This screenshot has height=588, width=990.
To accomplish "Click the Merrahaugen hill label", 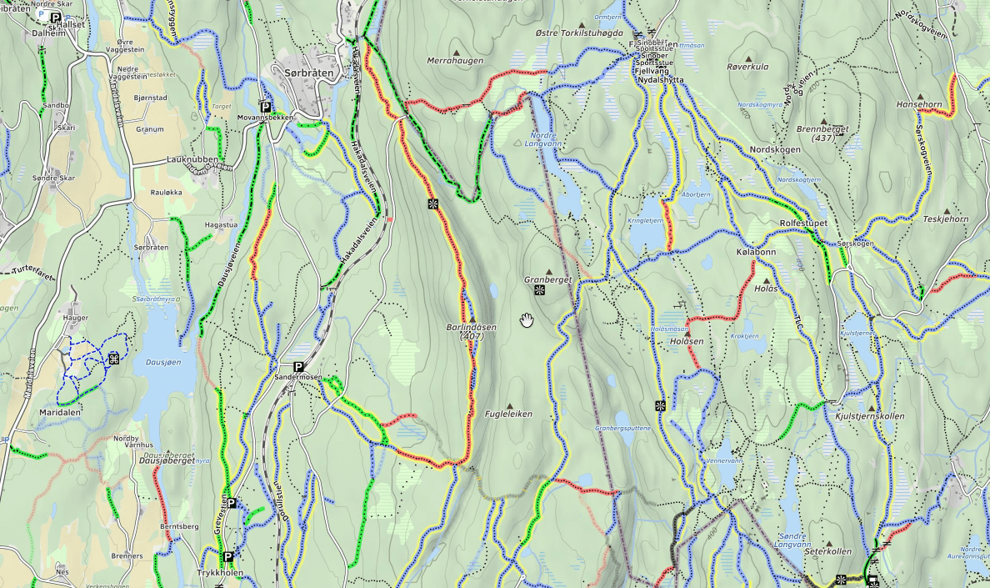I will tap(455, 61).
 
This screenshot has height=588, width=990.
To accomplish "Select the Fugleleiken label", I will tap(508, 414).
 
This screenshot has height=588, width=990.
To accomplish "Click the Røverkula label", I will tap(747, 67).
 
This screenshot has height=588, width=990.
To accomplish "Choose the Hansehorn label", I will tap(918, 105).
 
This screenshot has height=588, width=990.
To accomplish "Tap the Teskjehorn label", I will tap(946, 219).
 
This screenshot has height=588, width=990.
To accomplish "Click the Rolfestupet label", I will tap(803, 224).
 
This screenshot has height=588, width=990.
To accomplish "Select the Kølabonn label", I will tap(756, 252).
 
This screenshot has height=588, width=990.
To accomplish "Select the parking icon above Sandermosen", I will tap(297, 366).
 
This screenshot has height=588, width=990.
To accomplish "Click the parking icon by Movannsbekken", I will tap(265, 107).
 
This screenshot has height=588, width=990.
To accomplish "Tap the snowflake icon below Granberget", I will tap(540, 290).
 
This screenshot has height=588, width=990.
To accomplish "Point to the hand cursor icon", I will tap(527, 320).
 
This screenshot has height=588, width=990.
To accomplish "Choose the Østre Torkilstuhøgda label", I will tap(578, 33).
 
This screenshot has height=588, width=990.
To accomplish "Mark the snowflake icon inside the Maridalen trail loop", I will tap(113, 359).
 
